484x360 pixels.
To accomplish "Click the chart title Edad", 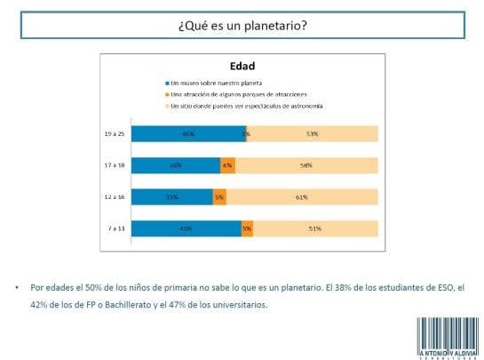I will [242, 65].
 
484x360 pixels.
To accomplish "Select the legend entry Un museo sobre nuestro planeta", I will [204, 82].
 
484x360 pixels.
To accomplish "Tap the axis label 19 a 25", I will [114, 134].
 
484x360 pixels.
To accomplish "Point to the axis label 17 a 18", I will [114, 165].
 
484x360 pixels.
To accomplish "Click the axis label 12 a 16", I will [114, 196].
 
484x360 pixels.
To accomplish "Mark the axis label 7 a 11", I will [115, 228].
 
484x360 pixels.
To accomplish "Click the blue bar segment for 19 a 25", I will [187, 134].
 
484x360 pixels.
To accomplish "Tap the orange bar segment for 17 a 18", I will [227, 165].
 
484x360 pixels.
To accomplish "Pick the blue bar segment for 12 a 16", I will [171, 196].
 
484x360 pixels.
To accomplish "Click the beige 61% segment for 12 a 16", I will [302, 196].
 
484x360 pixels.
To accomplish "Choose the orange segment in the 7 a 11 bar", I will [247, 228].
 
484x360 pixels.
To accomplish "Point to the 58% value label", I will [305, 165].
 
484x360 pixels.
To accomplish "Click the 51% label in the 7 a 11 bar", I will [314, 228].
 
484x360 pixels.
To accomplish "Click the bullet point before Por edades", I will [17, 289].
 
